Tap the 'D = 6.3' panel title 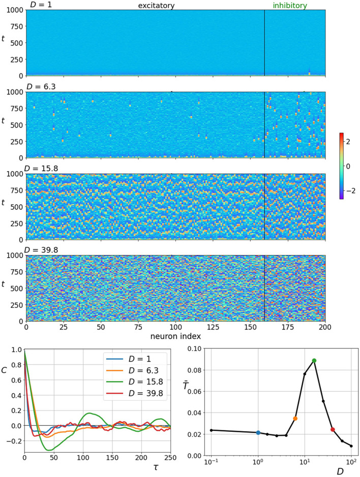tap(41, 87)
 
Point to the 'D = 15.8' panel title tap(43, 169)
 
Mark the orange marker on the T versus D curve tap(295, 419)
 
